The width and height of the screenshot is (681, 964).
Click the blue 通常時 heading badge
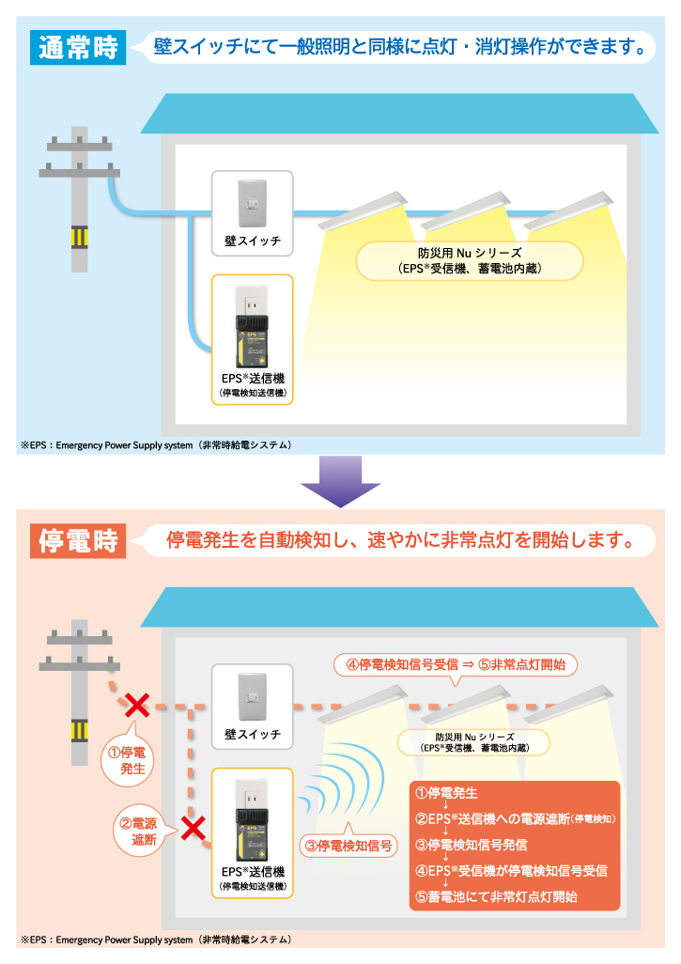78,47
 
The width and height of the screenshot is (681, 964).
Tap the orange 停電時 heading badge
78,540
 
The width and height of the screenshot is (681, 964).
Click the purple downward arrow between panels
340,481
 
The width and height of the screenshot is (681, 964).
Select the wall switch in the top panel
253,203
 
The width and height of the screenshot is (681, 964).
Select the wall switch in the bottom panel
253,696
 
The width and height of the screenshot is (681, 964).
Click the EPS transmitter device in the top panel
252,326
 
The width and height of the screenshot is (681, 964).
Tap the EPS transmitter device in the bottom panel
252,820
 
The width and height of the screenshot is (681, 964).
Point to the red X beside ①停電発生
137,706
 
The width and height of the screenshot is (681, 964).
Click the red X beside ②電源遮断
193,829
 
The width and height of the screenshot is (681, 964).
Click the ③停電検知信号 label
348,846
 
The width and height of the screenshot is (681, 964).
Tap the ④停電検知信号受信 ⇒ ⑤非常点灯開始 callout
456,664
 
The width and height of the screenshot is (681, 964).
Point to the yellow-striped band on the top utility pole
79,237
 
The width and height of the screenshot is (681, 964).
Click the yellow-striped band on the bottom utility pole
79,730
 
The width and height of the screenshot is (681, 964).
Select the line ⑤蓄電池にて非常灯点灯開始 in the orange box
497,897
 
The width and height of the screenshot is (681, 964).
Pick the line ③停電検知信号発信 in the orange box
472,845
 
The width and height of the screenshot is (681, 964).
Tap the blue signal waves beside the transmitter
341,780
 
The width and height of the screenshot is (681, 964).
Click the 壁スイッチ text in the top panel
253,241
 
